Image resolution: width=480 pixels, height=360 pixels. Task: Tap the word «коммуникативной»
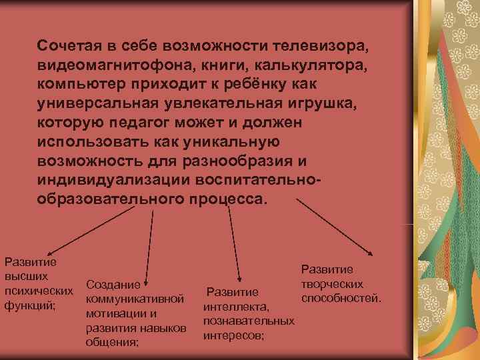135,299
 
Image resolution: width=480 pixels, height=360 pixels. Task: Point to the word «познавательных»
249,321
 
